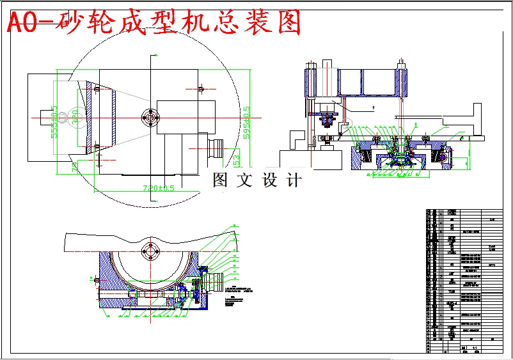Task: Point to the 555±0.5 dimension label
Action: (55, 121)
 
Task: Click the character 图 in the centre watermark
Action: (221, 180)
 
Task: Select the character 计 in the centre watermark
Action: (294, 180)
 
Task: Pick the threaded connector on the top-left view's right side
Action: (217, 148)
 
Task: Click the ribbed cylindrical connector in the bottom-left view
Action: (217, 281)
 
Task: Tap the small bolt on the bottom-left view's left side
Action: (95, 280)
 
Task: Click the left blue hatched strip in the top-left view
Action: (97, 118)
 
